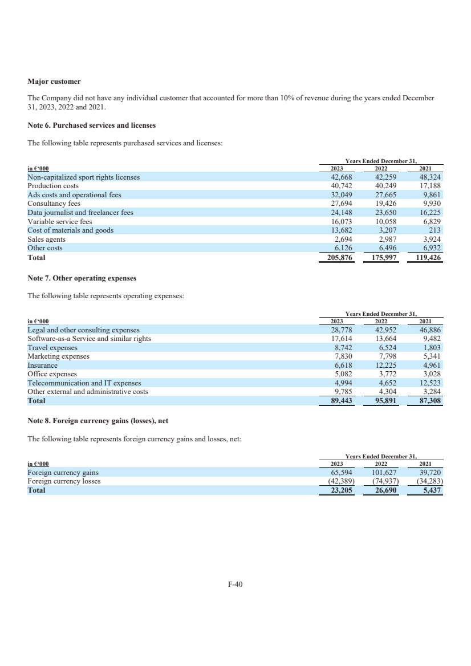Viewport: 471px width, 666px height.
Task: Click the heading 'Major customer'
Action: (54, 82)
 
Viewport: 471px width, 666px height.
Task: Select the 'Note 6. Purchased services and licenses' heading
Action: (92, 125)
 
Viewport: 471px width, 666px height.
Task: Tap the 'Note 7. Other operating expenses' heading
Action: (82, 278)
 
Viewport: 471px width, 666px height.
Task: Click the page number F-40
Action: (235, 584)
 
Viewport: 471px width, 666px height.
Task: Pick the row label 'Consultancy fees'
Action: (54, 204)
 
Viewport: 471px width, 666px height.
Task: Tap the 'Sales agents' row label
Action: (47, 239)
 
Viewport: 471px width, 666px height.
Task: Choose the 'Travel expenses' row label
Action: (52, 347)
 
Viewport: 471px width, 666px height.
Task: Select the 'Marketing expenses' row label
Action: (59, 356)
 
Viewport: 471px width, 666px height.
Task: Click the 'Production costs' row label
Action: (53, 186)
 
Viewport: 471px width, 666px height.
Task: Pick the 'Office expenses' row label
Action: (52, 374)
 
